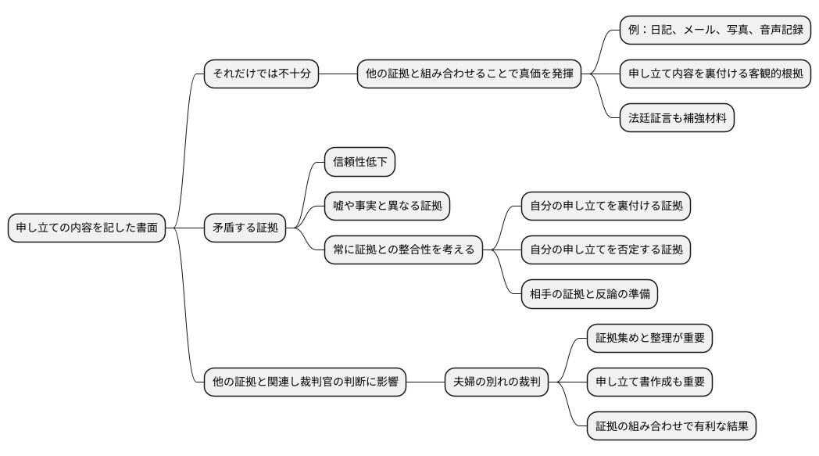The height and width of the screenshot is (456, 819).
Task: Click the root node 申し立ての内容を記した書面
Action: pyautogui.click(x=87, y=228)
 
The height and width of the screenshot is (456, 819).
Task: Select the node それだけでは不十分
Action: pyautogui.click(x=261, y=74)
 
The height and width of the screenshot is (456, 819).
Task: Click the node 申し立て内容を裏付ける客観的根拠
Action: pyautogui.click(x=715, y=74)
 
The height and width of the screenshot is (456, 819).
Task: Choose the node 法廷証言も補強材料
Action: pyautogui.click(x=677, y=119)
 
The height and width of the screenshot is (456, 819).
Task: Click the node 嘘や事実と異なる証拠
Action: pyautogui.click(x=388, y=206)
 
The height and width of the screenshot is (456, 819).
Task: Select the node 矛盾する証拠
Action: pyautogui.click(x=245, y=228)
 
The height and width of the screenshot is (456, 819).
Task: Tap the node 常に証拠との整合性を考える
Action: pyautogui.click(x=403, y=251)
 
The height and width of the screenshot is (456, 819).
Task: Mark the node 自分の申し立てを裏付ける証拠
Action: pyautogui.click(x=606, y=206)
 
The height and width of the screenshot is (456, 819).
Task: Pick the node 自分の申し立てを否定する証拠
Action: pyautogui.click(x=606, y=251)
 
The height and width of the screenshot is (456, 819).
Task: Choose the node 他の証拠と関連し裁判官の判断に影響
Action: pyautogui.click(x=305, y=382)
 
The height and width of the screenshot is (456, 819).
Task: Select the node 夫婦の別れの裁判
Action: pyautogui.click(x=496, y=382)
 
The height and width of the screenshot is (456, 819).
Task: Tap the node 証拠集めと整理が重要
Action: pyautogui.click(x=649, y=338)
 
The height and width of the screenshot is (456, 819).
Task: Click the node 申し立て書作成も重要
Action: pyautogui.click(x=649, y=382)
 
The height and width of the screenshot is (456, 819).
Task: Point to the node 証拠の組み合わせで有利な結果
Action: pyautogui.click(x=671, y=427)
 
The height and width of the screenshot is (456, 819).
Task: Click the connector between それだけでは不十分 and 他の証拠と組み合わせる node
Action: pyautogui.click(x=338, y=74)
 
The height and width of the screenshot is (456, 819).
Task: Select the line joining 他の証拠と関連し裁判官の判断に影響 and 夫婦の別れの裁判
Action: pyautogui.click(x=425, y=382)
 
